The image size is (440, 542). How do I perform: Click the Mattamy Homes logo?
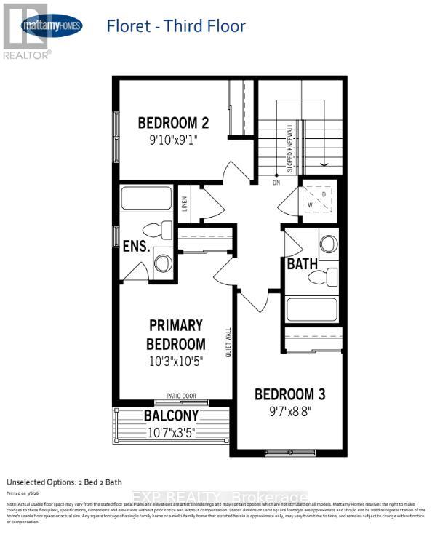(x=52, y=27)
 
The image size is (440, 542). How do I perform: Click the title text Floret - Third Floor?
(x=176, y=27)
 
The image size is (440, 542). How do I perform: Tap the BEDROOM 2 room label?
(x=168, y=122)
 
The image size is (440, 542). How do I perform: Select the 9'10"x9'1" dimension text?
(x=168, y=138)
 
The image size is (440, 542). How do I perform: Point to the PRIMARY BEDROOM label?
(x=176, y=334)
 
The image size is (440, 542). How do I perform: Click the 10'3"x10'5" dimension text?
(x=176, y=360)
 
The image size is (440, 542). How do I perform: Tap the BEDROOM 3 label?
(x=289, y=394)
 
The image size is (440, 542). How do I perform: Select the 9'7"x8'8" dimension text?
(x=289, y=412)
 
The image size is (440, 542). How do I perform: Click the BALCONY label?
(x=172, y=416)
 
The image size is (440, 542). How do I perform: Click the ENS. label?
(x=136, y=247)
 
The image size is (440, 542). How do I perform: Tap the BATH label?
(x=302, y=263)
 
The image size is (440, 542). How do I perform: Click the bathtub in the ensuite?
(x=146, y=199)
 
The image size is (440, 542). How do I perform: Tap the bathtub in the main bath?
(x=312, y=309)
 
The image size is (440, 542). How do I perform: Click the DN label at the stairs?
(x=276, y=183)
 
